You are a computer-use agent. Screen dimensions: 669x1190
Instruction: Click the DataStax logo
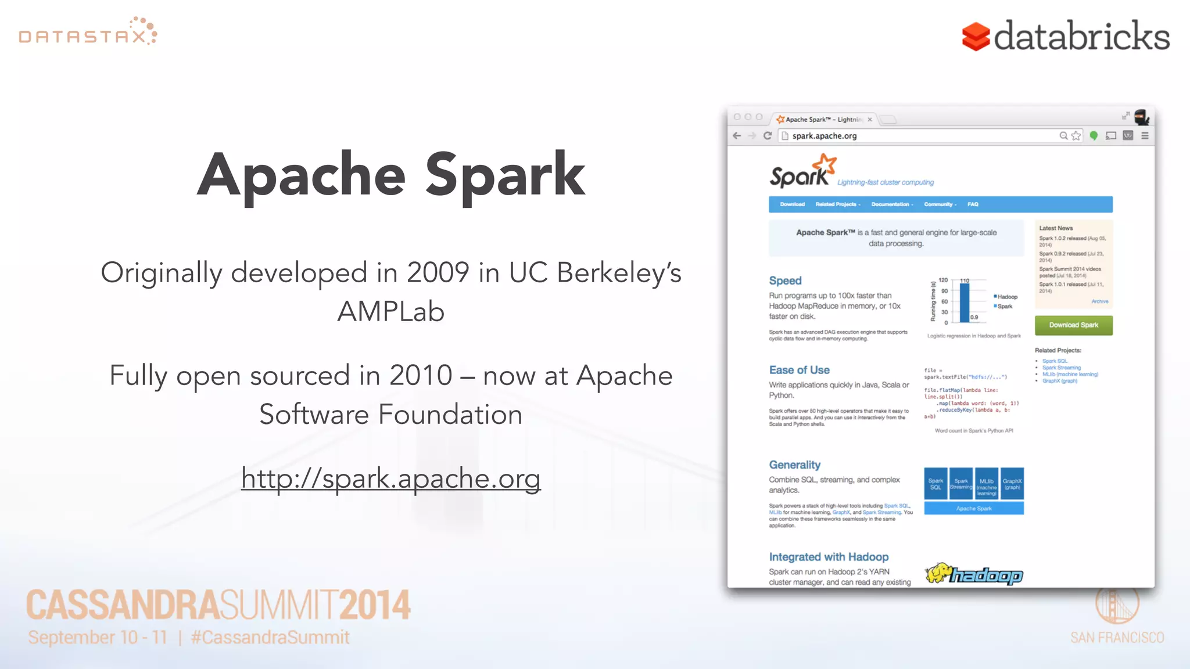[x=88, y=33]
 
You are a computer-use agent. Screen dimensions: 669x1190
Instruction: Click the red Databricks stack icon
[x=976, y=37]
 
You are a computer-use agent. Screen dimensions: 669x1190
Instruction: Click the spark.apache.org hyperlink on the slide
[x=390, y=479]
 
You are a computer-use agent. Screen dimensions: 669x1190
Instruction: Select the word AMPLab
[x=390, y=312]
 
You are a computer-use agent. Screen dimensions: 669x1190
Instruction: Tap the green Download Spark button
[x=1073, y=325]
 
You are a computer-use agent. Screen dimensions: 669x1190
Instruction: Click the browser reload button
[x=768, y=136]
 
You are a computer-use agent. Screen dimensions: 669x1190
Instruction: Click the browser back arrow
[x=737, y=136]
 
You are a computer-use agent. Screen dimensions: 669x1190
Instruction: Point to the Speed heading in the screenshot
[x=785, y=281]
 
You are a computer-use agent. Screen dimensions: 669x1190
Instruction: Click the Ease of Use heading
[x=799, y=370]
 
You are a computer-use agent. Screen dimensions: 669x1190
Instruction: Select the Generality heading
[x=794, y=465]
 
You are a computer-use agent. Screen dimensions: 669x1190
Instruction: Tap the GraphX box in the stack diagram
[x=1012, y=484]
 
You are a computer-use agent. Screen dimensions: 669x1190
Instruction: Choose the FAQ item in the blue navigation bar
[x=973, y=204]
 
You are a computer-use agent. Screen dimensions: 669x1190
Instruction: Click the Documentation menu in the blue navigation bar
[x=891, y=204]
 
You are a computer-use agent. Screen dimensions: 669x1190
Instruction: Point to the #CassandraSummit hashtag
[x=270, y=638]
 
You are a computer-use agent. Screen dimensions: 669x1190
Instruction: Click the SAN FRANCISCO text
[x=1117, y=638]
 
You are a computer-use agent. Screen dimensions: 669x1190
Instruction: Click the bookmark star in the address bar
[x=1076, y=136]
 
